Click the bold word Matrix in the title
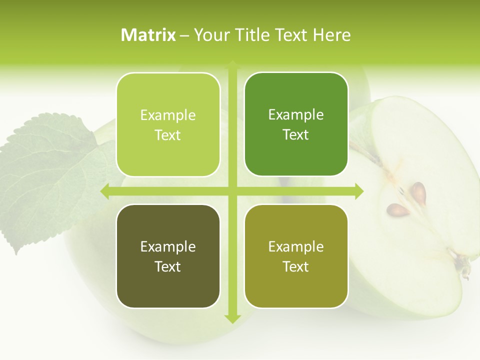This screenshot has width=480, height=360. pyautogui.click(x=148, y=35)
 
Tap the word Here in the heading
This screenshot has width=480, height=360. pyautogui.click(x=332, y=35)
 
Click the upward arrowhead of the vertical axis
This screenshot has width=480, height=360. pyautogui.click(x=232, y=65)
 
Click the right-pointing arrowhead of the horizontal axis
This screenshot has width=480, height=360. pyautogui.click(x=358, y=191)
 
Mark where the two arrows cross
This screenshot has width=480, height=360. pyautogui.click(x=232, y=191)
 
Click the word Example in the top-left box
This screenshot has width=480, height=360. pyautogui.click(x=168, y=115)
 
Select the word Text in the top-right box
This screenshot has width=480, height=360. pyautogui.click(x=296, y=135)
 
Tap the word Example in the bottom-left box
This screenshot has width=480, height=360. pyautogui.click(x=168, y=246)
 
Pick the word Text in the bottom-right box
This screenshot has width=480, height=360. pyautogui.click(x=296, y=266)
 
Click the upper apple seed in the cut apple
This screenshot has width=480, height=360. pyautogui.click(x=418, y=191)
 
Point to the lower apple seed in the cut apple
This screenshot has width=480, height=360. pyautogui.click(x=398, y=209)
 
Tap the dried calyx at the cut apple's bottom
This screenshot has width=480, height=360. pyautogui.click(x=464, y=267)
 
